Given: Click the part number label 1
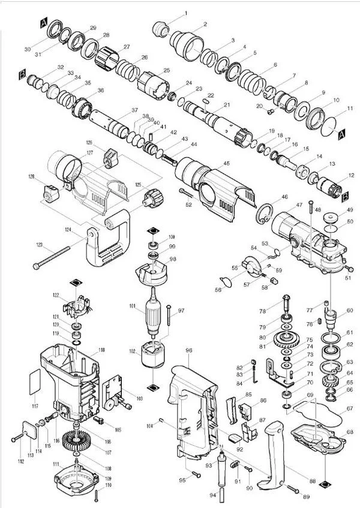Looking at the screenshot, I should click(x=185, y=13).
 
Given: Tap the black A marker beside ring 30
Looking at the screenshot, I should click(x=43, y=22).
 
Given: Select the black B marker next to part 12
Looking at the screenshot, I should click(x=347, y=196).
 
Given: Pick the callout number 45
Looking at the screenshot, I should click(x=226, y=163).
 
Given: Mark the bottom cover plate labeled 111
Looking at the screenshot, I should click(x=78, y=480).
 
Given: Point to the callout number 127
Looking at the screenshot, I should click(x=89, y=153).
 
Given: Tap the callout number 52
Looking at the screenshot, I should click(x=188, y=205).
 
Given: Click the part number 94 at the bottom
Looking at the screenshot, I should click(x=212, y=495).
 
